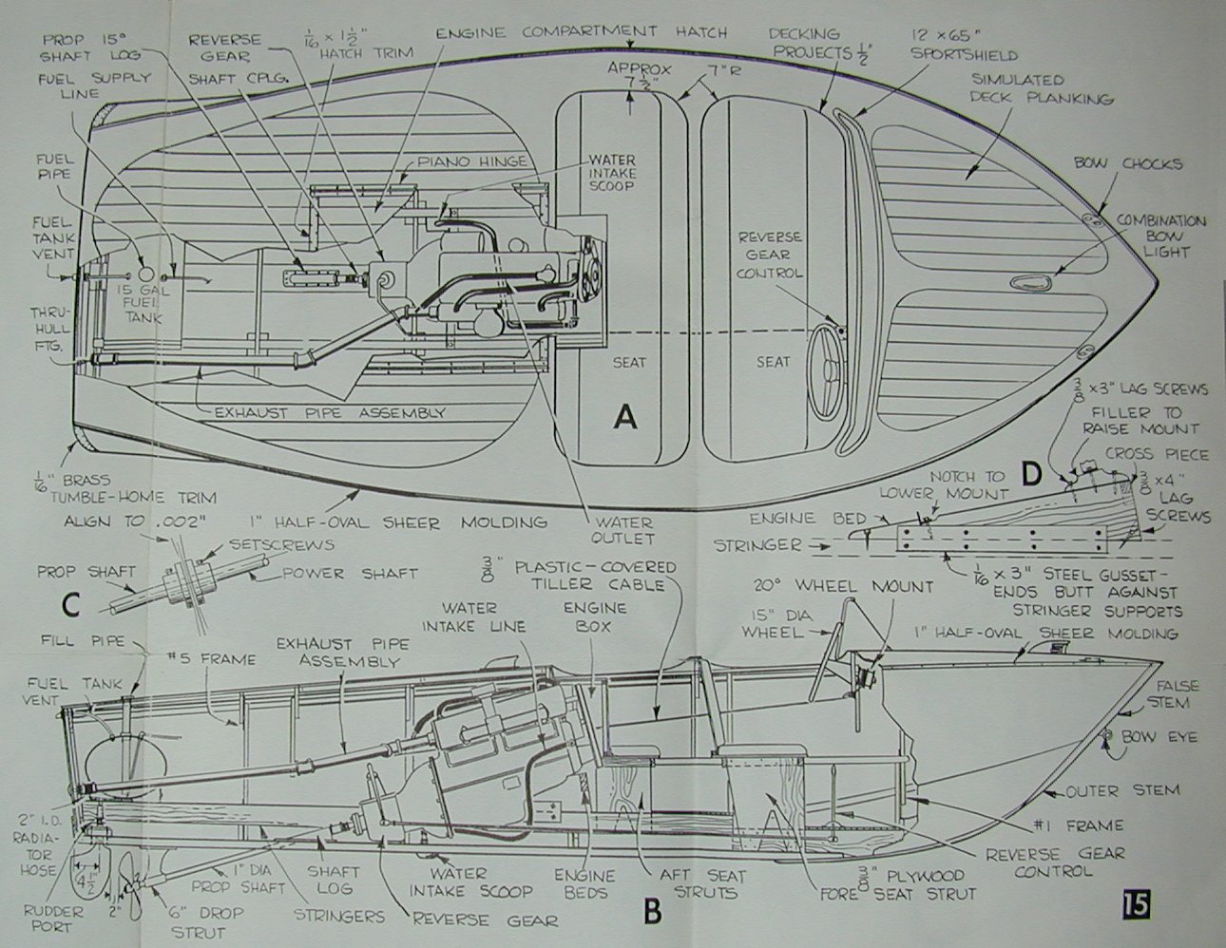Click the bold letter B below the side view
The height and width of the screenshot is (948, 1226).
click(x=652, y=911)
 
